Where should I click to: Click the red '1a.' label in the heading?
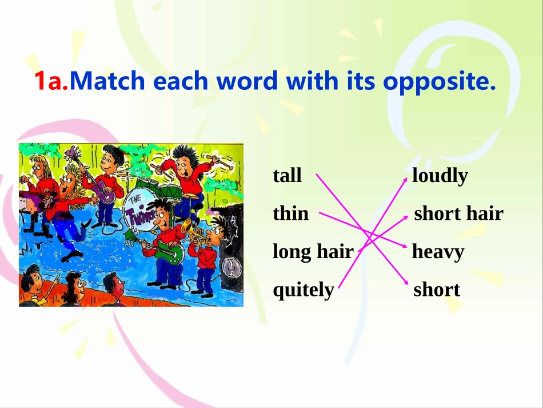click(51, 81)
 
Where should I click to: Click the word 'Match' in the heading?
click(107, 81)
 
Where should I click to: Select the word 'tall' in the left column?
click(287, 176)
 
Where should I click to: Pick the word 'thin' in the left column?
click(290, 213)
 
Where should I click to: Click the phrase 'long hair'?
click(313, 252)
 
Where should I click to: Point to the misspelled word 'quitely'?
click(304, 290)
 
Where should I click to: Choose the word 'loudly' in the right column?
click(440, 176)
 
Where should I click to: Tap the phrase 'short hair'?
click(459, 213)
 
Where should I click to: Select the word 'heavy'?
click(438, 252)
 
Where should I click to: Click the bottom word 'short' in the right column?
click(437, 290)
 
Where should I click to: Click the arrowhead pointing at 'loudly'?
click(405, 179)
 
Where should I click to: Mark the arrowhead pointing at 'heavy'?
click(405, 245)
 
